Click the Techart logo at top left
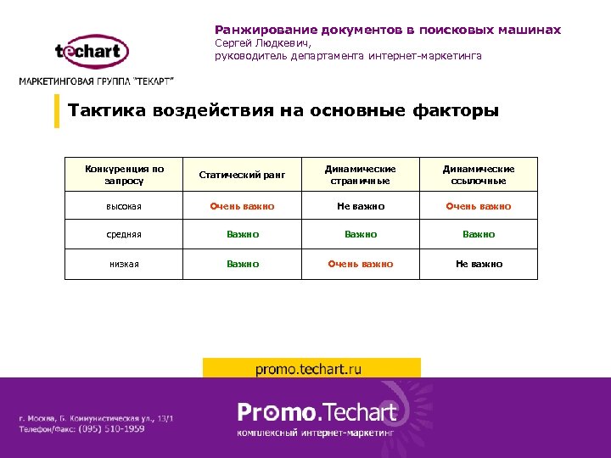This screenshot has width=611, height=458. pyautogui.click(x=92, y=52)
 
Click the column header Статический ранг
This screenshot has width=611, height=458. pyautogui.click(x=242, y=175)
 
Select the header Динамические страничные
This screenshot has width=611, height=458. pyautogui.click(x=361, y=175)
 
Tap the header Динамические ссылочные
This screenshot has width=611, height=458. pyautogui.click(x=479, y=175)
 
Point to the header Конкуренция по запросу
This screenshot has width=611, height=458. pyautogui.click(x=125, y=175)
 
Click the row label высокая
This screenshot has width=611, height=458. pyautogui.click(x=125, y=206)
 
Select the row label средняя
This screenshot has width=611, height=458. pyautogui.click(x=125, y=234)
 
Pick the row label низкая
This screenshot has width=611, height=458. pyautogui.click(x=125, y=264)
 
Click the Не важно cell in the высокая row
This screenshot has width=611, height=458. pyautogui.click(x=361, y=206)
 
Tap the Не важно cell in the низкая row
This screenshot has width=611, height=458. pyautogui.click(x=479, y=264)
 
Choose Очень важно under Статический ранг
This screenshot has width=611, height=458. pyautogui.click(x=242, y=206)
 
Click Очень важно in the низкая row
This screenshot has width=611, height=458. pyautogui.click(x=361, y=264)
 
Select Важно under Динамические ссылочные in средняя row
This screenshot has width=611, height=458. pyautogui.click(x=479, y=234)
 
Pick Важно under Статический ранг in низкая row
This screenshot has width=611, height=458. pyautogui.click(x=242, y=264)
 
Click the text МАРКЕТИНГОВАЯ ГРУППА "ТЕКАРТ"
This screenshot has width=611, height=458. pyautogui.click(x=97, y=81)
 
